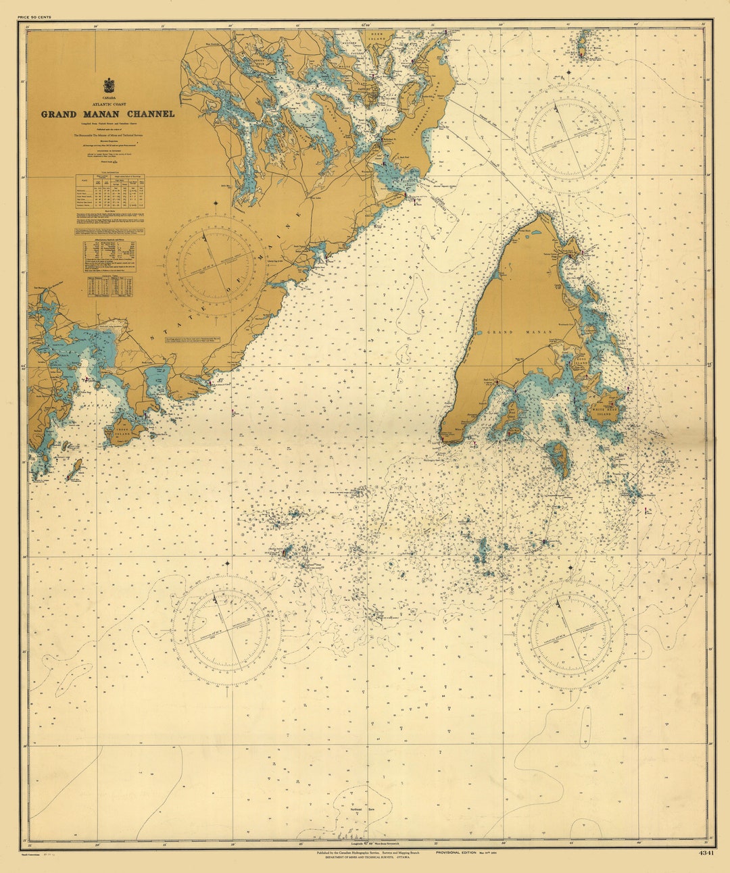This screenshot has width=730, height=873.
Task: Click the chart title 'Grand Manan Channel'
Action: click(107, 114)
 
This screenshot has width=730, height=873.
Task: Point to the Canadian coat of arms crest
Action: click(108, 86)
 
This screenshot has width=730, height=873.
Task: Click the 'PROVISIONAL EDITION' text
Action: click(456, 853)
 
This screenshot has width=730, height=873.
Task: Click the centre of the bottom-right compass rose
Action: click(569, 633)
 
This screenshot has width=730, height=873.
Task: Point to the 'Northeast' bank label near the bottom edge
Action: click(356, 809)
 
